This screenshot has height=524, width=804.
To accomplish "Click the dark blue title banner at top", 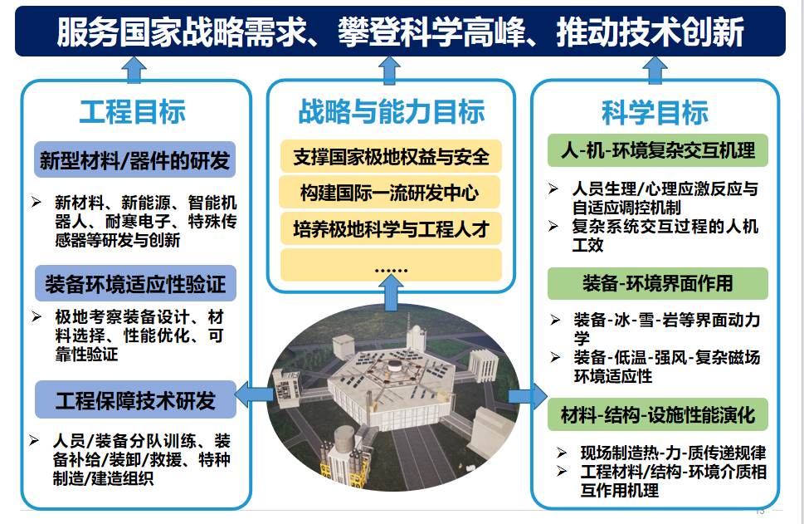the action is pos(400,31).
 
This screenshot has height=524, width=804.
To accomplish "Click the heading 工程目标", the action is pos(133,111).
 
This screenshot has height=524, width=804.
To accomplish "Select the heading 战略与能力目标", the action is pos(392,111).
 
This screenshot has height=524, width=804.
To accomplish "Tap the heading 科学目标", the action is pos(655,112).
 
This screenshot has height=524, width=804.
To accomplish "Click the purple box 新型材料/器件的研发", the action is pos(135,159).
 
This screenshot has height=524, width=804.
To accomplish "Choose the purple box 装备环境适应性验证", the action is pos(135,283).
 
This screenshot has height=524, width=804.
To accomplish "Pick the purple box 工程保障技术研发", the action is pos(135,399).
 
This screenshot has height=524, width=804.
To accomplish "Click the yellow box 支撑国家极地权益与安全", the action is pos(391,156).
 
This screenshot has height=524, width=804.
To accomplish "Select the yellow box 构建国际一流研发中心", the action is pos(390,192).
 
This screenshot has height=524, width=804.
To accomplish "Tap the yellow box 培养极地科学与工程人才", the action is pos(391,228).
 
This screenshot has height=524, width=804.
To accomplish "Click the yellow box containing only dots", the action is pos(391,265).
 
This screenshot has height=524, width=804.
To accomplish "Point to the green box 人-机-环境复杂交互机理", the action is pos(658,150).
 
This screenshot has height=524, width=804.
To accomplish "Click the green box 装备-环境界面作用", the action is pos(658,283).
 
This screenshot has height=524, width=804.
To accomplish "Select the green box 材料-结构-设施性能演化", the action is pos(658,414).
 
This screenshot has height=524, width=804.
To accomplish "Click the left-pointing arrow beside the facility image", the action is pos(254,394).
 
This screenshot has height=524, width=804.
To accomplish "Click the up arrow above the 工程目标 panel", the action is pos(134,70).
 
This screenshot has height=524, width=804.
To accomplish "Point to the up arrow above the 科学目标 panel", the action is pos(655,70).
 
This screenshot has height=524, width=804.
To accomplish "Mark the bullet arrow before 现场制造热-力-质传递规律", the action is pos(562,453).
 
